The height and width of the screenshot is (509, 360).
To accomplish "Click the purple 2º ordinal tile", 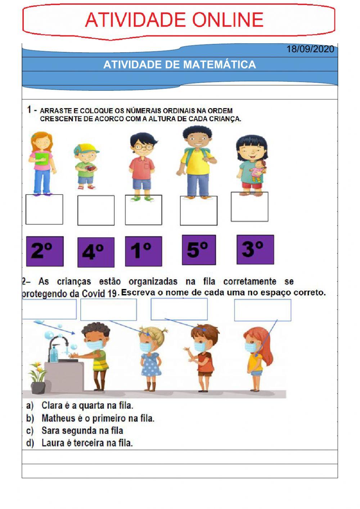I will click(45, 251).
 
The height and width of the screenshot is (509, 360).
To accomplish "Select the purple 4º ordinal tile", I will click(96, 252).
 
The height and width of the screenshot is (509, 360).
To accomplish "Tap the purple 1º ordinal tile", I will click(143, 251).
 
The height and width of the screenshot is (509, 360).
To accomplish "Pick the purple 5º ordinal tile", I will click(199, 250).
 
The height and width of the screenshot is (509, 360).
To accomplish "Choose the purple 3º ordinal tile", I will click(255, 250).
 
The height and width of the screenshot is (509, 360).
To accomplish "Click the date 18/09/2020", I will click(310, 49).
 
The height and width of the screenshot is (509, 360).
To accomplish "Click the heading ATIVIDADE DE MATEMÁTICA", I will click(179, 65).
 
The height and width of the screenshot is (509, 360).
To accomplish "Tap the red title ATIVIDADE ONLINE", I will click(175, 20).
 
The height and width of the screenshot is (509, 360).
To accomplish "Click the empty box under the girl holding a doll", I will click(249, 207).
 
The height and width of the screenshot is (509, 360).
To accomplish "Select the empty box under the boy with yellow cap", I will click(96, 210).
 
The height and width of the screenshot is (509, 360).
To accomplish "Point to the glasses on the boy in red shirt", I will click(143, 147).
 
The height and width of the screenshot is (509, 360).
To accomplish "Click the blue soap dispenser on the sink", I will click(54, 353).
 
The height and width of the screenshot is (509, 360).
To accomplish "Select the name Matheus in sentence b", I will click(55, 418).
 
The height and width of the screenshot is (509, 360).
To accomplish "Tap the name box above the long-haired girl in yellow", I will click(262, 310).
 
